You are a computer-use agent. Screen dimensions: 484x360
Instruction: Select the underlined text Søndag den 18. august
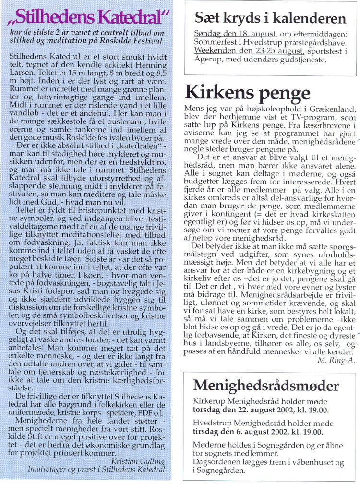tap(235, 35)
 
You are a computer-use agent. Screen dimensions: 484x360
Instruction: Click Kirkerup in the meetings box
tap(209, 400)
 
